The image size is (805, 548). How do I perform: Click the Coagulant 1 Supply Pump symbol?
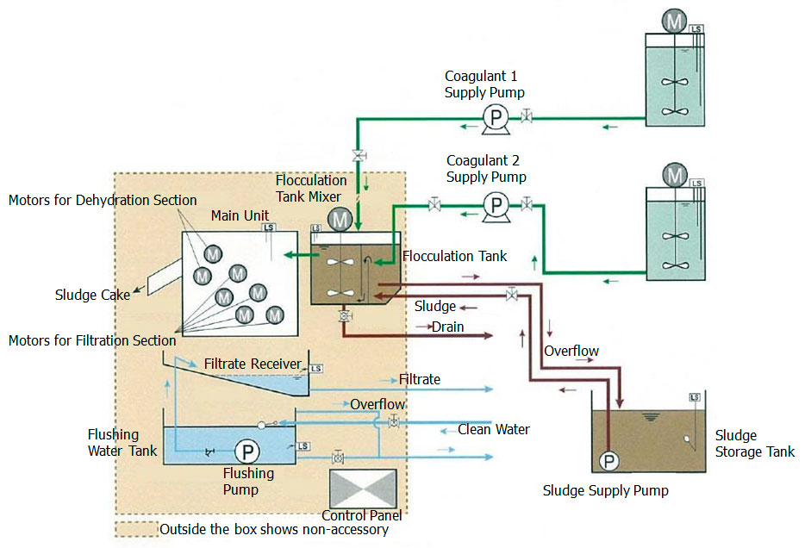click(495, 115)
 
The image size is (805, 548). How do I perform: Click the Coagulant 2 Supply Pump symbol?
click(496, 204)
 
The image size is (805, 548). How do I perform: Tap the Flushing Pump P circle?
click(247, 451)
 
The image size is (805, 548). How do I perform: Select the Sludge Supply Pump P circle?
click(609, 461)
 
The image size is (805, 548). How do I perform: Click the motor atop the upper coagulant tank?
click(674, 20)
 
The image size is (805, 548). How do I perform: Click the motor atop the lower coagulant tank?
click(674, 175)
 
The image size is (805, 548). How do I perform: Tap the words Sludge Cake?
click(92, 296)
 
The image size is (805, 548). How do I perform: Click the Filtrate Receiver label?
click(251, 364)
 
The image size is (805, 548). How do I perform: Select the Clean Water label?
click(493, 429)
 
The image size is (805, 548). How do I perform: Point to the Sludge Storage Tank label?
click(755, 445)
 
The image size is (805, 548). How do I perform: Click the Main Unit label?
click(237, 215)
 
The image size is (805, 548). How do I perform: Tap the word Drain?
click(448, 327)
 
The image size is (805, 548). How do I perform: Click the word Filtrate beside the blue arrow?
click(420, 379)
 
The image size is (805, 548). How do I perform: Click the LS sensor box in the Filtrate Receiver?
click(316, 369)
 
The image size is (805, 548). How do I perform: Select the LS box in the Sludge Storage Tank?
click(695, 397)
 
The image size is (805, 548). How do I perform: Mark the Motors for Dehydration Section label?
click(103, 200)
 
